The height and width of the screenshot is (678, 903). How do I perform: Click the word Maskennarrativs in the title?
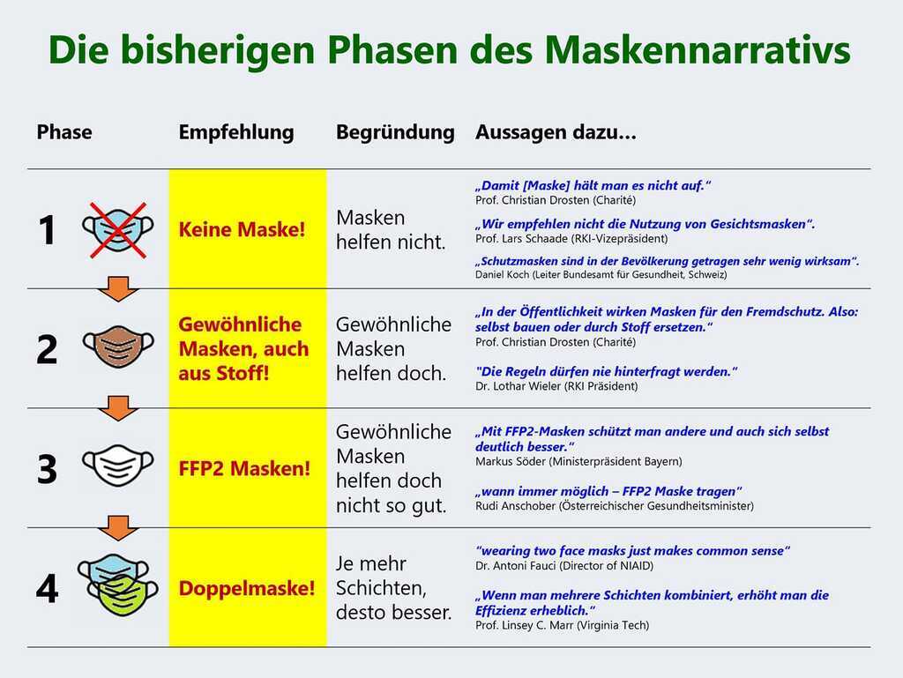[x=698, y=49]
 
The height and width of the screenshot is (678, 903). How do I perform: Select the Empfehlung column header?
[x=236, y=132]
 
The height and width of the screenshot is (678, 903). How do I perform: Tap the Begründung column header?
[x=395, y=132]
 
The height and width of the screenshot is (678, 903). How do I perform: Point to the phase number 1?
[x=47, y=230]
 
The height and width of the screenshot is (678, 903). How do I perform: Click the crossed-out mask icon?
[x=118, y=229]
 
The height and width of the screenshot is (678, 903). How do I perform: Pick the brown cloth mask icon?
[x=118, y=347]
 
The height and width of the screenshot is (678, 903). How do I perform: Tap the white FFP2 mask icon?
[x=118, y=466]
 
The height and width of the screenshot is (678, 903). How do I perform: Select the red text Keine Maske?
[x=242, y=229]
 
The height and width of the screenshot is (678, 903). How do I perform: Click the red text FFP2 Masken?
[x=244, y=468]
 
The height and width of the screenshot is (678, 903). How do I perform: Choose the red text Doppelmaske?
[x=247, y=588]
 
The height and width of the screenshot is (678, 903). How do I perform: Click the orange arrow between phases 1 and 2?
[x=118, y=289]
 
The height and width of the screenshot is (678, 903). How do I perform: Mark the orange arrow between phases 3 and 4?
[x=118, y=528]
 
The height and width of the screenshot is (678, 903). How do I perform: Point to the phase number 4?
[x=47, y=589]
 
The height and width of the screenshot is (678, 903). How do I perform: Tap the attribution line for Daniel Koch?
[x=601, y=274]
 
